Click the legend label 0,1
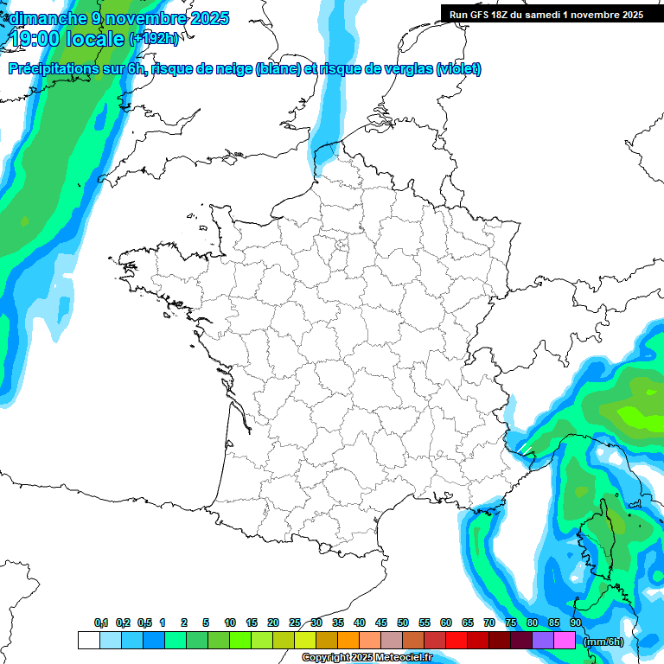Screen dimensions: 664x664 click(101, 622)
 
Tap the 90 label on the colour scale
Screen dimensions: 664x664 click(575, 622)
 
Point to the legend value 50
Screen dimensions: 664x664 click(403, 622)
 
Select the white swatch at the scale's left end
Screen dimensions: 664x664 click(88, 640)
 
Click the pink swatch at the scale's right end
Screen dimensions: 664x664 click(565, 640)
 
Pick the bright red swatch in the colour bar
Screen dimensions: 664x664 click(456, 640)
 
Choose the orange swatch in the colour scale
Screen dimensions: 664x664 click(348, 640)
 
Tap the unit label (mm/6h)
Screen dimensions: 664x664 click(603, 642)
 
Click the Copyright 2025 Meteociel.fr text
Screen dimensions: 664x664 click(367, 658)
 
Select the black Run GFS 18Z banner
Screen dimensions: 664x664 click(552, 14)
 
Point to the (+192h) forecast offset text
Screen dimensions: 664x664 click(154, 39)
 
